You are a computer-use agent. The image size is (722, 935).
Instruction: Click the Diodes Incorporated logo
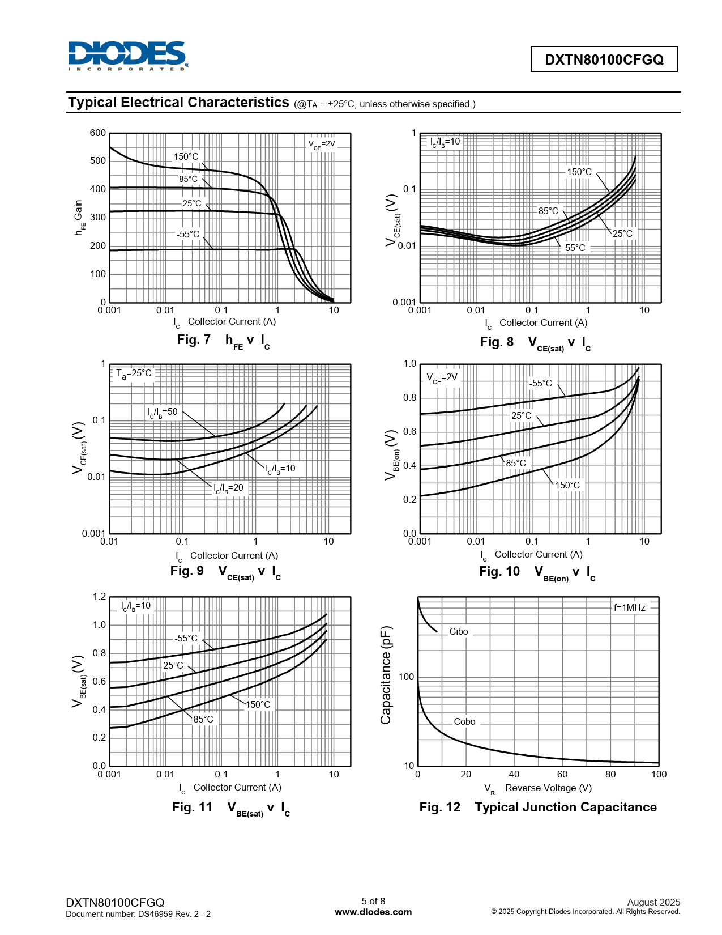(x=128, y=56)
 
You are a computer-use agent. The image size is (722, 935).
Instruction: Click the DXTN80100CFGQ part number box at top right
(x=604, y=59)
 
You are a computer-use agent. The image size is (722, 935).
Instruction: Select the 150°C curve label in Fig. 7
(x=186, y=157)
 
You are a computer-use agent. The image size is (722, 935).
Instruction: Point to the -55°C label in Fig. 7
(x=188, y=234)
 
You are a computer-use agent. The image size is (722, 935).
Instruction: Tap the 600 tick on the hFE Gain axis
(x=98, y=133)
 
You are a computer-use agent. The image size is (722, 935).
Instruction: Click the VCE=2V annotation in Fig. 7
(x=322, y=144)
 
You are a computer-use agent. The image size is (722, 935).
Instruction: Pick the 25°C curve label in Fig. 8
(x=622, y=233)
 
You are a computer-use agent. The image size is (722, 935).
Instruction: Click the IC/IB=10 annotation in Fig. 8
(x=445, y=142)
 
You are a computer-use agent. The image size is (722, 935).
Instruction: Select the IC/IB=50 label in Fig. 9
(x=163, y=412)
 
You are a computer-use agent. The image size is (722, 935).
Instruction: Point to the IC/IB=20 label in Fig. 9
(x=228, y=488)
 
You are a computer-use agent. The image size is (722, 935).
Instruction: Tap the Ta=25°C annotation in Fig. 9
(x=134, y=373)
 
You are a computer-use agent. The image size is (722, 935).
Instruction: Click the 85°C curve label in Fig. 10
(x=516, y=463)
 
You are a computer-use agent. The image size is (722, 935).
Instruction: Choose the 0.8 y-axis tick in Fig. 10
(x=409, y=398)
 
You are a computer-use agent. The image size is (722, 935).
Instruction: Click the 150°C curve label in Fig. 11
(x=258, y=704)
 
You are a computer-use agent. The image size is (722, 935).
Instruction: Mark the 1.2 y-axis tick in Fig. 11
(x=99, y=597)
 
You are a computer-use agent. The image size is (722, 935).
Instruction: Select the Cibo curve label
(x=459, y=631)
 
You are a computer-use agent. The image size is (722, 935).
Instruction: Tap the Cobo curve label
(x=464, y=721)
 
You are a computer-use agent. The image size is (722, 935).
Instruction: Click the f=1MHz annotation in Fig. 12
(x=629, y=607)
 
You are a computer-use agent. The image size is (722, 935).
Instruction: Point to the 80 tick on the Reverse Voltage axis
(x=610, y=774)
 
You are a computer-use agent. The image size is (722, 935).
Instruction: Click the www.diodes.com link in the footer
(x=373, y=912)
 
